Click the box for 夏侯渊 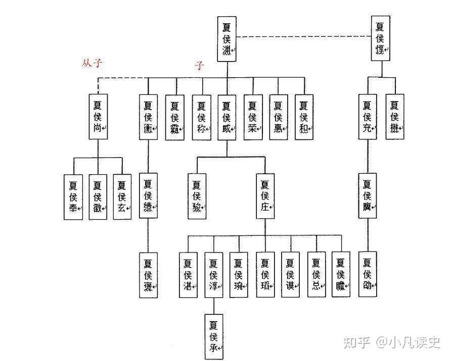click(x=227, y=39)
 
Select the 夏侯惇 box click(x=380, y=38)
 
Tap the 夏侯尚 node click(x=98, y=117)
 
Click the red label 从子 click(x=93, y=64)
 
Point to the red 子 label click(x=200, y=66)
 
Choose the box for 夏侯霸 click(x=174, y=117)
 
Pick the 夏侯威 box click(x=227, y=117)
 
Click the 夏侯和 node click(x=303, y=117)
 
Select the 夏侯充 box click(x=368, y=117)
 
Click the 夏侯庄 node click(x=264, y=196)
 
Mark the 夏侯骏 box click(x=197, y=196)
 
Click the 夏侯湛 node click(x=188, y=274)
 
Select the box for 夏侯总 click(x=316, y=274)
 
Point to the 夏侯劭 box click(x=368, y=274)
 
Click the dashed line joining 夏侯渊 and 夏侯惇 click(x=303, y=37)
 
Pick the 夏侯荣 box click(x=252, y=117)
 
